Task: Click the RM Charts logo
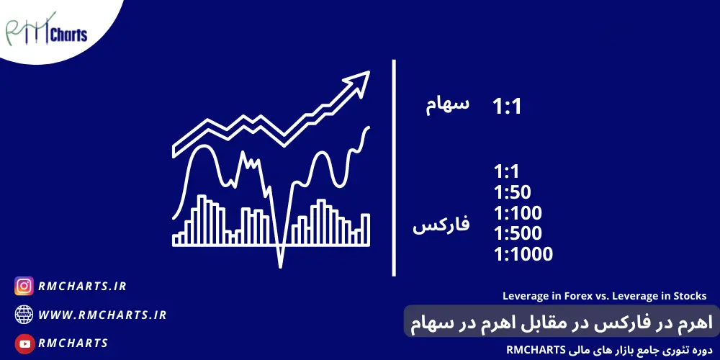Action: pos(46,31)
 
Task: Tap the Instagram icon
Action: pos(24,286)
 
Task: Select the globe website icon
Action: pos(24,315)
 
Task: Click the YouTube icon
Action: pos(24,343)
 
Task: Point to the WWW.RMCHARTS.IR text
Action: pos(102,315)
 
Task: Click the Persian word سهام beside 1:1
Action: pos(447,106)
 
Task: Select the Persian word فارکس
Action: pos(441,225)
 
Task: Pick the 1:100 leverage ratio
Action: pos(518,213)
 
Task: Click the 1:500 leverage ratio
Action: pos(518,234)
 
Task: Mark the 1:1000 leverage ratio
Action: pos(523,254)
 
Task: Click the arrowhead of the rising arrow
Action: pos(359,82)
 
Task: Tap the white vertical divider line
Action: pos(394,168)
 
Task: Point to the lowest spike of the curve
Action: pos(280,266)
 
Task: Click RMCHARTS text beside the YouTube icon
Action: pos(73,343)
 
